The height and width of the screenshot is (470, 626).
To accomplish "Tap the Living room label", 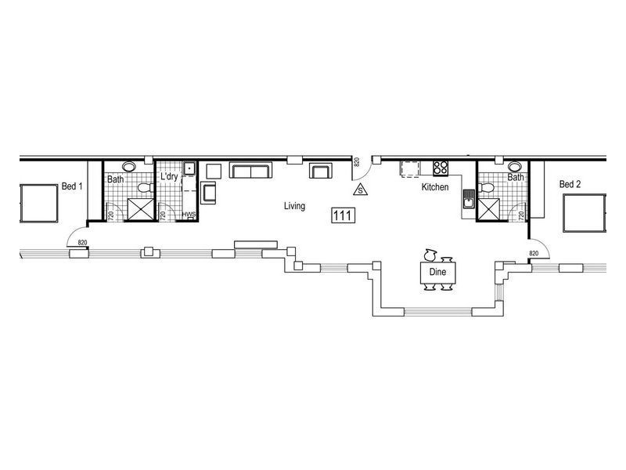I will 294,206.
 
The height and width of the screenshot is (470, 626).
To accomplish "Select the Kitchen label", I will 435,189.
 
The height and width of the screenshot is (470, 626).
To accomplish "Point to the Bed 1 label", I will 72,186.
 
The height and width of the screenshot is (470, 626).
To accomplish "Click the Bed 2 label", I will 570,184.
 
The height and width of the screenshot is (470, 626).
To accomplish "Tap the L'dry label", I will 169,178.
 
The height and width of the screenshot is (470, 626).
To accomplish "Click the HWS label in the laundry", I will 189,215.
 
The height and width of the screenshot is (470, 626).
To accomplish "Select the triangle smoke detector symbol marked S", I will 359,189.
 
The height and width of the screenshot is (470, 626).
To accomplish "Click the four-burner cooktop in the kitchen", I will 441,168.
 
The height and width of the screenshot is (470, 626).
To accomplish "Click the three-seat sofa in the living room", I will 250,172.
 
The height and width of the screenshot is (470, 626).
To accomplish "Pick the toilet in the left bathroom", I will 143,188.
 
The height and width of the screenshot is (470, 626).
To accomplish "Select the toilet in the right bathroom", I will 486,187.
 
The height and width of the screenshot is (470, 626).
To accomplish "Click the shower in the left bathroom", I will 142,209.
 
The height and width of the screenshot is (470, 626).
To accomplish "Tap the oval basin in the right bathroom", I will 514,166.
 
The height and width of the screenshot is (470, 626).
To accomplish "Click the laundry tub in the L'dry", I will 189,168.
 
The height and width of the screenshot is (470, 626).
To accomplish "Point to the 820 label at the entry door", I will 357,162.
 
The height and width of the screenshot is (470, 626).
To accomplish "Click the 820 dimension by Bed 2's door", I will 534,253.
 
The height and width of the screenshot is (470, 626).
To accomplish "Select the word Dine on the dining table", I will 437,272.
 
